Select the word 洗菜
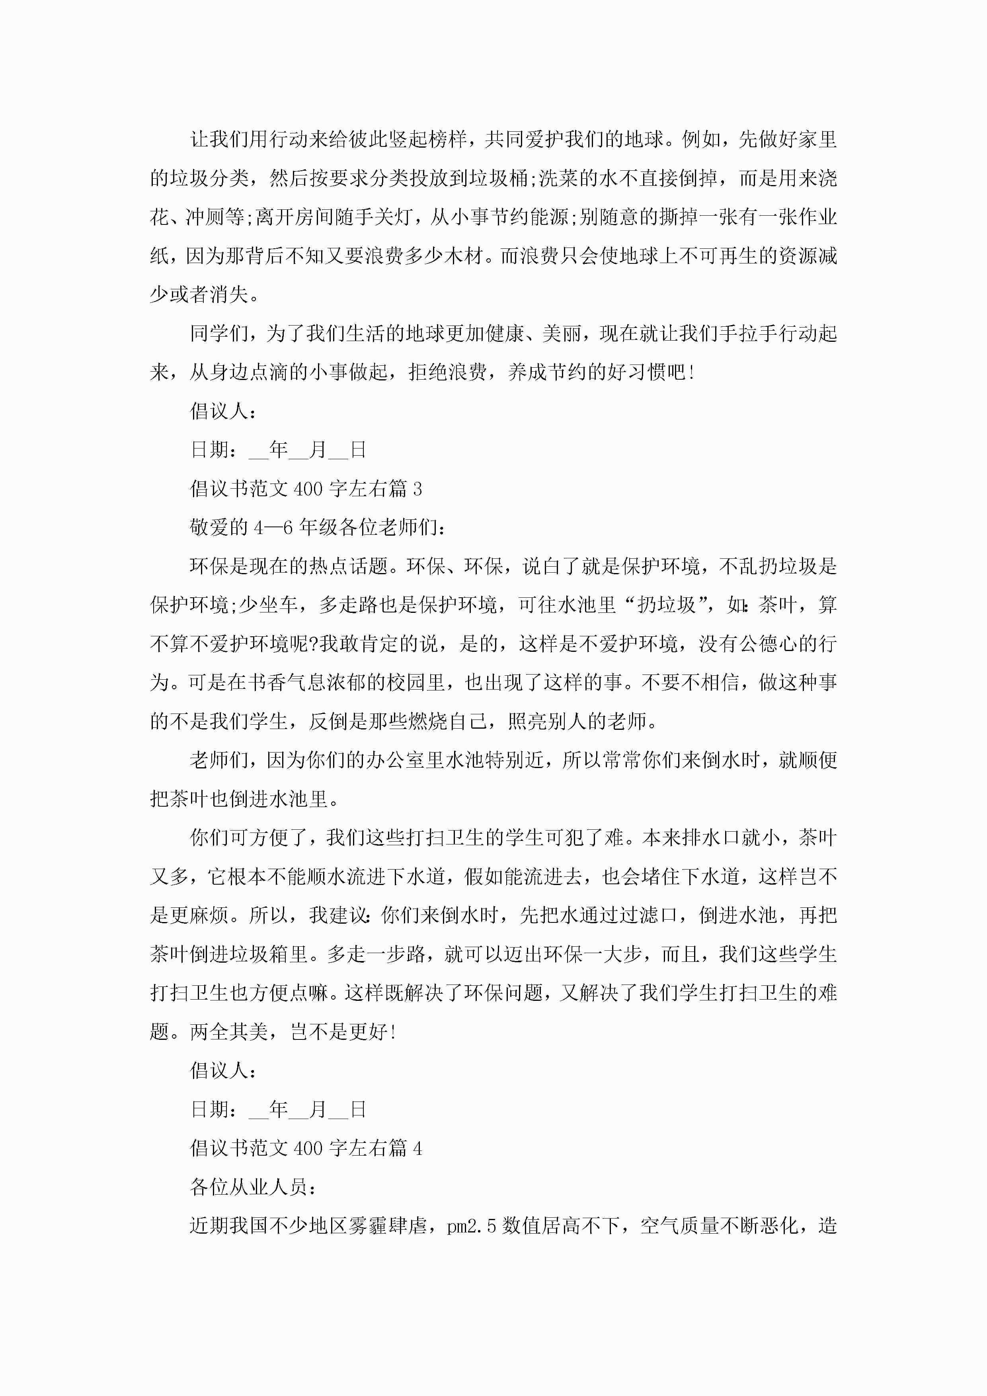click(x=558, y=178)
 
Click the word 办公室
click(x=395, y=760)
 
